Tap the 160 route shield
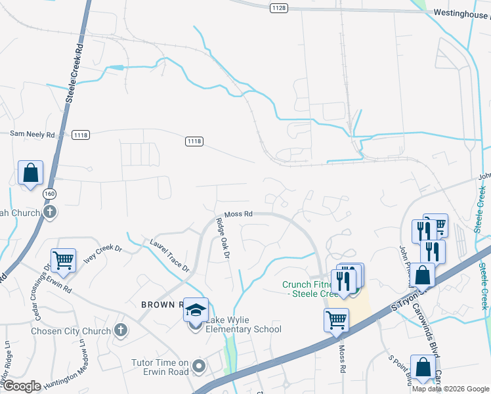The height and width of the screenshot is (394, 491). click(49, 194)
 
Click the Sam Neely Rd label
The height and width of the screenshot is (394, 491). click(32, 134)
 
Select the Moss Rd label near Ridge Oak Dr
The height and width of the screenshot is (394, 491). click(238, 214)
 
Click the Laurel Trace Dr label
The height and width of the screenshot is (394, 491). click(169, 255)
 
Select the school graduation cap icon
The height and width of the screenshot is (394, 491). click(195, 309)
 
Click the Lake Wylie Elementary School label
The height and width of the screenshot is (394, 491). click(244, 324)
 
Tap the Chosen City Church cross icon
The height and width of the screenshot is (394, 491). click(120, 330)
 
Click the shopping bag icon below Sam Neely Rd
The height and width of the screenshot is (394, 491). click(30, 173)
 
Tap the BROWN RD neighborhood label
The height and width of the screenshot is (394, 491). click(161, 305)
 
